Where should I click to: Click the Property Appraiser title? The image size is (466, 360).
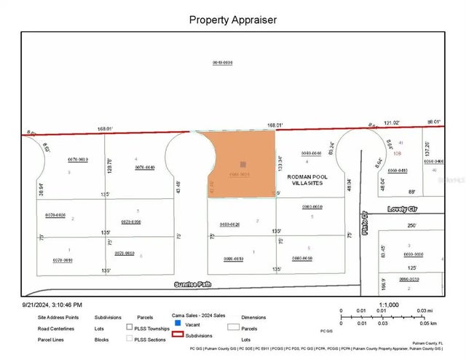tap(233, 20)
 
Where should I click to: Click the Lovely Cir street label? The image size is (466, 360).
tap(400, 208)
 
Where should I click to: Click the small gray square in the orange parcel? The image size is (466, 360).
tap(242, 164)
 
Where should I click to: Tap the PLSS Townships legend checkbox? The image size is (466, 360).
tap(129, 327)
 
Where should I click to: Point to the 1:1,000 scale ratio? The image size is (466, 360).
tap(388, 304)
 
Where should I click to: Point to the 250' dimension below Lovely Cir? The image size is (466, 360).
tap(411, 226)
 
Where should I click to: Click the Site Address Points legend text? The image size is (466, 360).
tap(58, 318)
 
